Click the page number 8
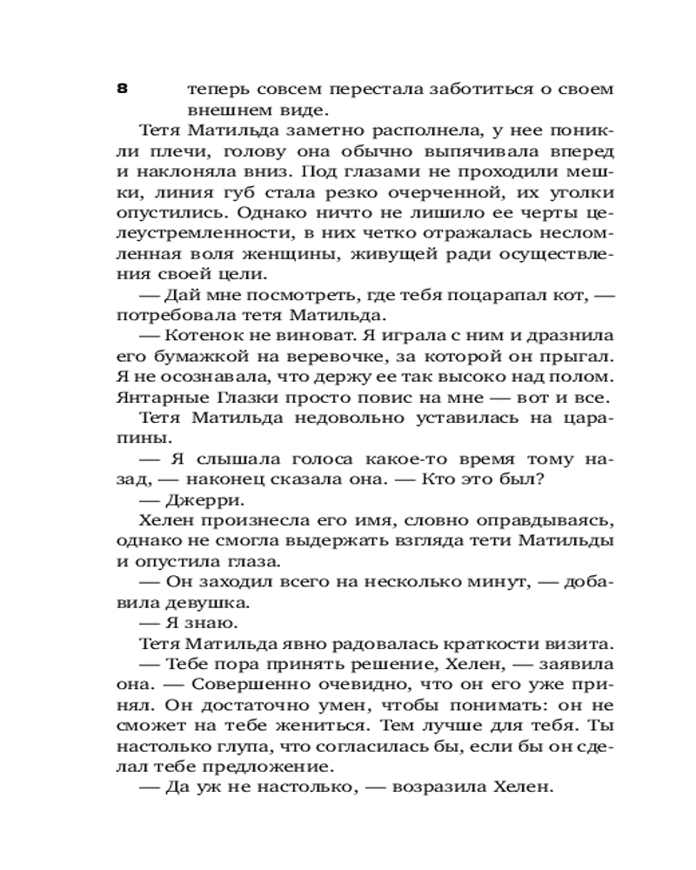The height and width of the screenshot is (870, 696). point(122,88)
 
